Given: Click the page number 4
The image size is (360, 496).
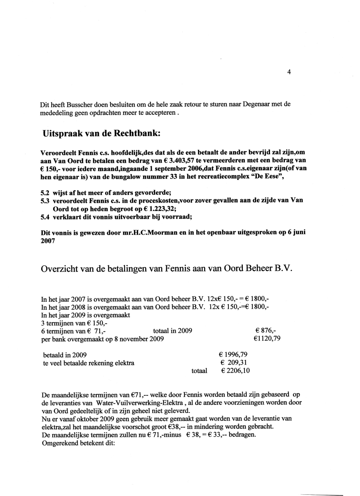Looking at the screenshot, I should tap(289, 72).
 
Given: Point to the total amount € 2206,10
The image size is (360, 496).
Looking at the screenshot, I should tap(236, 371).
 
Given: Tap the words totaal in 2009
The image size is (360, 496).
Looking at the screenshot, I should tap(172, 331).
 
